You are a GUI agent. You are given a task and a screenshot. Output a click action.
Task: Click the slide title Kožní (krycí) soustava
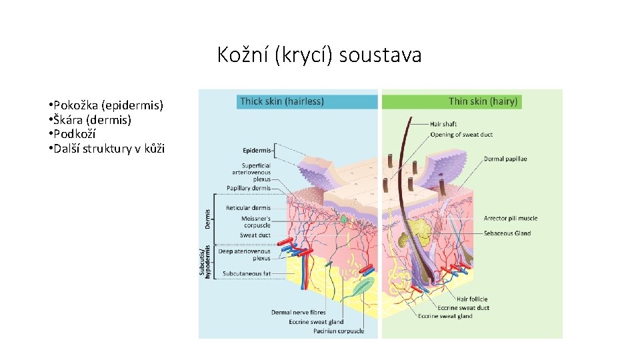pos(319,55)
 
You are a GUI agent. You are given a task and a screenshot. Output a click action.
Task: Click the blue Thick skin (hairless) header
pos(282,101)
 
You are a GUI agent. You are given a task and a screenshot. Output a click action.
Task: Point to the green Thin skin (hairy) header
pos(483,101)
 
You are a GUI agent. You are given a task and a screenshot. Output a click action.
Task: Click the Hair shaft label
pos(443,124)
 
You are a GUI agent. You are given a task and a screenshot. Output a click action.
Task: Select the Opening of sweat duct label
pos(461,135)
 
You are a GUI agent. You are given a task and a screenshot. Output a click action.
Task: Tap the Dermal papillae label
pos(505,159)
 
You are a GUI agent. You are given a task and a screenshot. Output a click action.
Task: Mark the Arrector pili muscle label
pos(511,218)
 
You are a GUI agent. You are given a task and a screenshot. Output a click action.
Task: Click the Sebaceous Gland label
pos(508,233)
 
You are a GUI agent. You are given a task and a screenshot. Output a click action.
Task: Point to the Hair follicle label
pos(472,299)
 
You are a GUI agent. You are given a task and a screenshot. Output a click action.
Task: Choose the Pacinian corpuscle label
pos(341,331)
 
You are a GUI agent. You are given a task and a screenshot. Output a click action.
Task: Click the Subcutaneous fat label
pos(247,273)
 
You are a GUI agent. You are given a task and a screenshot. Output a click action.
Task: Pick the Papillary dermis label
pos(249,188)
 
